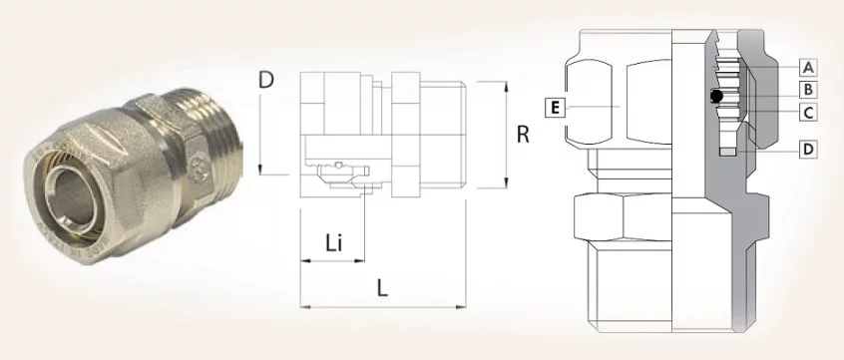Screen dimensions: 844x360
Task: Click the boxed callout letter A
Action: tap(807, 67)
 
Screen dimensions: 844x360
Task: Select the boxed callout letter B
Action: tap(807, 90)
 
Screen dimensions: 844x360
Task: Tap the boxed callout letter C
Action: tap(807, 113)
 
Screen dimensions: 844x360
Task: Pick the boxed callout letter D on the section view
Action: tap(807, 149)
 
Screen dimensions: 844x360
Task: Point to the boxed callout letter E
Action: tap(555, 108)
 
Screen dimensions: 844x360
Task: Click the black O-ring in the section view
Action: tap(716, 97)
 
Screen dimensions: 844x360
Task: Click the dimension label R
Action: tap(523, 135)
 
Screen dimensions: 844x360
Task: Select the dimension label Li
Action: tap(334, 243)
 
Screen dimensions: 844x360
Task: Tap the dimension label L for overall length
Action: tap(382, 289)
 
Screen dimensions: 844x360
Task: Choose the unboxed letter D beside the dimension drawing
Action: tap(266, 80)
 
